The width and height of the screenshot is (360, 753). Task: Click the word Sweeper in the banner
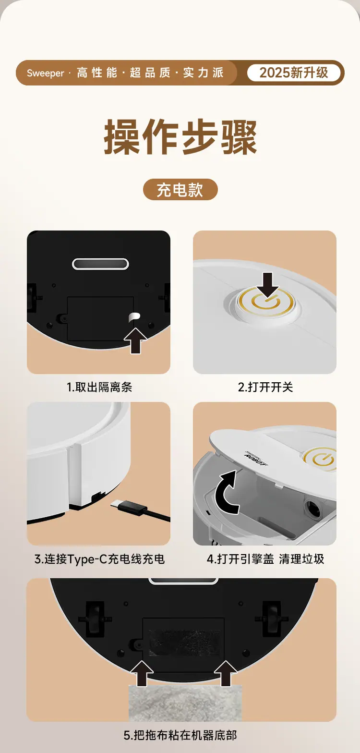click(46, 73)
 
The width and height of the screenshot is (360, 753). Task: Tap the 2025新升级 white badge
click(294, 73)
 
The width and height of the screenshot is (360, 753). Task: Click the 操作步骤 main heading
click(180, 137)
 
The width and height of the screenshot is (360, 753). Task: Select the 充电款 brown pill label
click(180, 190)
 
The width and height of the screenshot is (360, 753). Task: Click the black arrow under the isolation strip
click(135, 340)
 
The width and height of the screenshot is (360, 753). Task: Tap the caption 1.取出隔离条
click(99, 387)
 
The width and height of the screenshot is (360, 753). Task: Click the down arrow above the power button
click(267, 284)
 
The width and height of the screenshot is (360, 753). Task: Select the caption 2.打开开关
click(265, 387)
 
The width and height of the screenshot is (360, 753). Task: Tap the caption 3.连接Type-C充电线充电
click(99, 559)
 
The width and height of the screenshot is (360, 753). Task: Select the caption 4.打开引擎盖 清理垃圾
click(265, 559)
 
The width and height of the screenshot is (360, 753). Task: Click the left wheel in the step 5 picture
click(95, 619)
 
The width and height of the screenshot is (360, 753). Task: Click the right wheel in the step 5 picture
click(271, 619)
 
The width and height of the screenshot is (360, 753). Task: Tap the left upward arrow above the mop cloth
click(142, 673)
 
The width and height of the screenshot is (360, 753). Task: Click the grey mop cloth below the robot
click(185, 702)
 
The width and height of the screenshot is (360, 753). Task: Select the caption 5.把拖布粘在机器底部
click(180, 735)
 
